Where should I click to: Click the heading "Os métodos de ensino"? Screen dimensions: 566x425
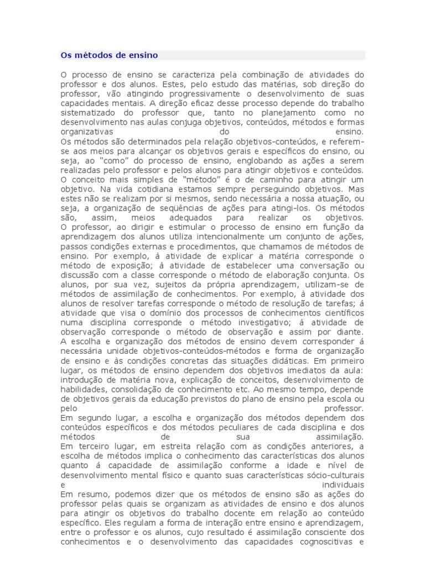click(x=109, y=55)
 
